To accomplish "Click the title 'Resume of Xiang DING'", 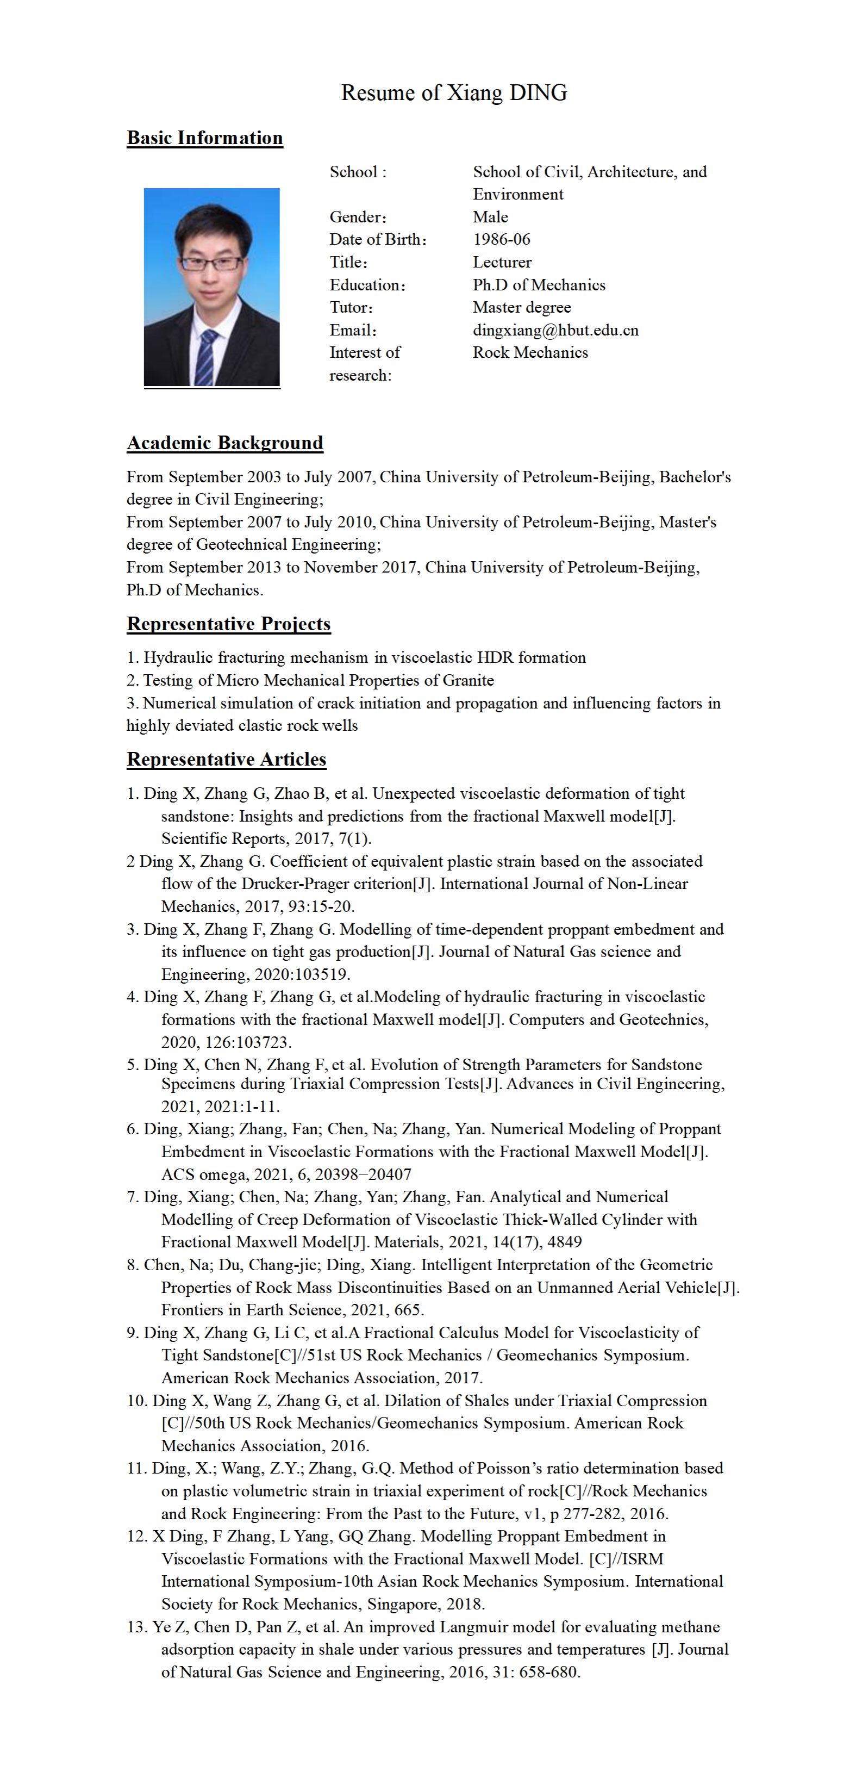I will pyautogui.click(x=454, y=92).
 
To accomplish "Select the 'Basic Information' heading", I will pyautogui.click(x=205, y=138).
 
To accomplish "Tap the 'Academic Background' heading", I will pyautogui.click(x=224, y=443).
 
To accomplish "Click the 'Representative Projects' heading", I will pyautogui.click(x=229, y=624).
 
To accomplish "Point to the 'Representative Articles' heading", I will pyautogui.click(x=227, y=759).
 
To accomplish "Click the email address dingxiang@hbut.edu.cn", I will pyautogui.click(x=555, y=330).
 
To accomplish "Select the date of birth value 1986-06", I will pyautogui.click(x=501, y=239).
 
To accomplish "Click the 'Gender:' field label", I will pyautogui.click(x=358, y=217).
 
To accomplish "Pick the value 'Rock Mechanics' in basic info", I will pyautogui.click(x=530, y=352).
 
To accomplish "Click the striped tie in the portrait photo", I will pyautogui.click(x=206, y=356).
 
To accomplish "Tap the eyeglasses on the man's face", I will pyautogui.click(x=211, y=263).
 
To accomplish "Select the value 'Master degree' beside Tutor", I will pyautogui.click(x=522, y=307).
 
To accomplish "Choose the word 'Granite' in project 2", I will pyautogui.click(x=469, y=680).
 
